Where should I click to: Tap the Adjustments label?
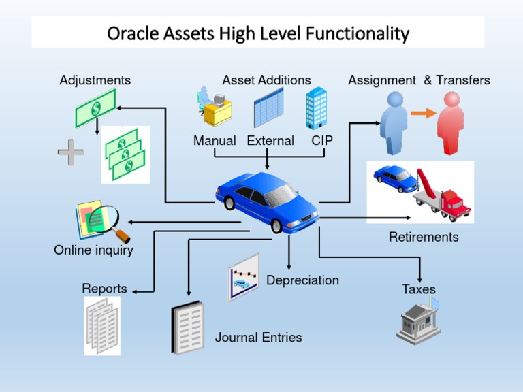(x=95, y=80)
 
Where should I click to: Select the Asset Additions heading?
(x=266, y=80)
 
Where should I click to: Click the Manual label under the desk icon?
(x=215, y=141)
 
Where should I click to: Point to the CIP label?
(x=322, y=141)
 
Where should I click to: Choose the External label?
(x=270, y=141)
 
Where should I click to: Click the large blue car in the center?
(x=266, y=201)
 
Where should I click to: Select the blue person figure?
(x=394, y=120)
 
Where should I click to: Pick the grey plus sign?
(x=72, y=152)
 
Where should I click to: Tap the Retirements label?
(x=424, y=237)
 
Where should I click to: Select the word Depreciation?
(x=302, y=280)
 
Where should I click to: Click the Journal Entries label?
(x=258, y=337)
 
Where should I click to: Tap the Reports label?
(x=105, y=289)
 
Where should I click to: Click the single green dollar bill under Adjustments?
(x=95, y=108)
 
